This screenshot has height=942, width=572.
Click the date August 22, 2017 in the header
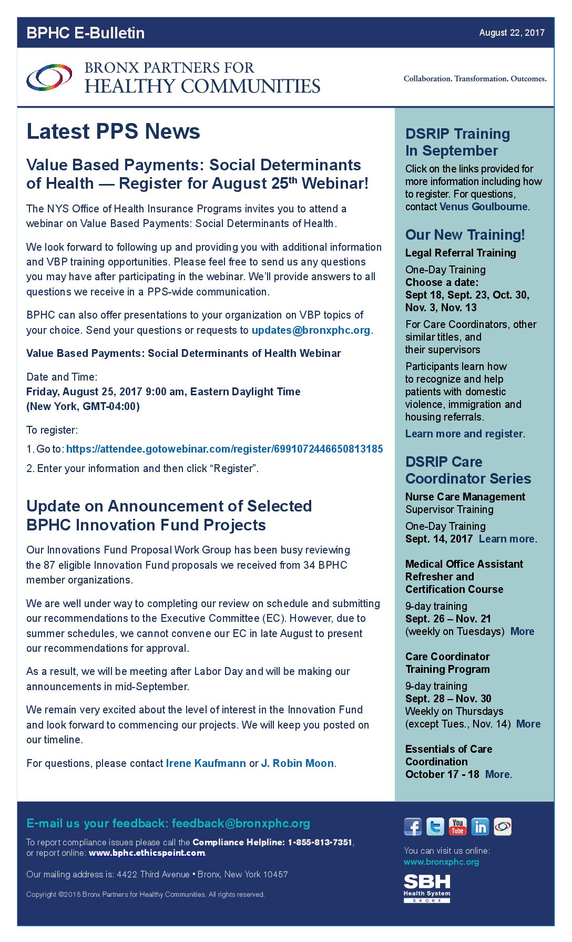click(x=512, y=33)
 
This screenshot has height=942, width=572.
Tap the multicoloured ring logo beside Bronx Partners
click(x=49, y=78)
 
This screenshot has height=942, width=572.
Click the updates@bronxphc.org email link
click(x=311, y=330)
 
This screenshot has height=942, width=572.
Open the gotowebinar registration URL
click(x=224, y=449)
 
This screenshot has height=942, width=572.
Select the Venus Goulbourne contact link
click(x=484, y=207)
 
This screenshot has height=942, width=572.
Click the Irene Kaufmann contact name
click(x=206, y=763)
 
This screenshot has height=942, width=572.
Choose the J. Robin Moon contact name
click(x=298, y=763)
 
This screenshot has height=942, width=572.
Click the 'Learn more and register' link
click(x=464, y=434)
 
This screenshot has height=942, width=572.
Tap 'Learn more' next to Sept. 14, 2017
click(x=507, y=539)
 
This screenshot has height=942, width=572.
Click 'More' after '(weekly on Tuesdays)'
click(x=522, y=631)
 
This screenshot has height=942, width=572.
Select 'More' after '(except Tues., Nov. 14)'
click(x=528, y=724)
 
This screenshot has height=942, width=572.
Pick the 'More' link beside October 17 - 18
click(x=497, y=774)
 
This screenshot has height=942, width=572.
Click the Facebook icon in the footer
click(x=413, y=827)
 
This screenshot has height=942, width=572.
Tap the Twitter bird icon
click(x=435, y=827)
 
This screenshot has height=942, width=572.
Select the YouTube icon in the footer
click(x=458, y=827)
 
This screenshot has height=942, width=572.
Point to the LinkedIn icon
click(x=480, y=827)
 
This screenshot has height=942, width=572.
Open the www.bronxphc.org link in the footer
click(x=441, y=862)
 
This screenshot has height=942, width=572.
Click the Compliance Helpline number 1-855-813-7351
click(x=319, y=842)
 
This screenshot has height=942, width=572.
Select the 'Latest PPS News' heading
click(x=113, y=131)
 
